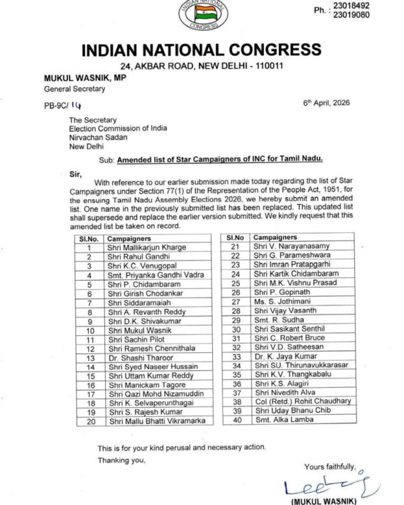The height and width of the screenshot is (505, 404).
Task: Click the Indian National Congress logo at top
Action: (202, 15)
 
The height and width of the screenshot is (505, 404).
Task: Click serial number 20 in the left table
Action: (88, 421)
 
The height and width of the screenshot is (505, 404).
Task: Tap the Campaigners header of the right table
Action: (275, 238)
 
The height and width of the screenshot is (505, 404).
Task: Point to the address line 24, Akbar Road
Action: (201, 66)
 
